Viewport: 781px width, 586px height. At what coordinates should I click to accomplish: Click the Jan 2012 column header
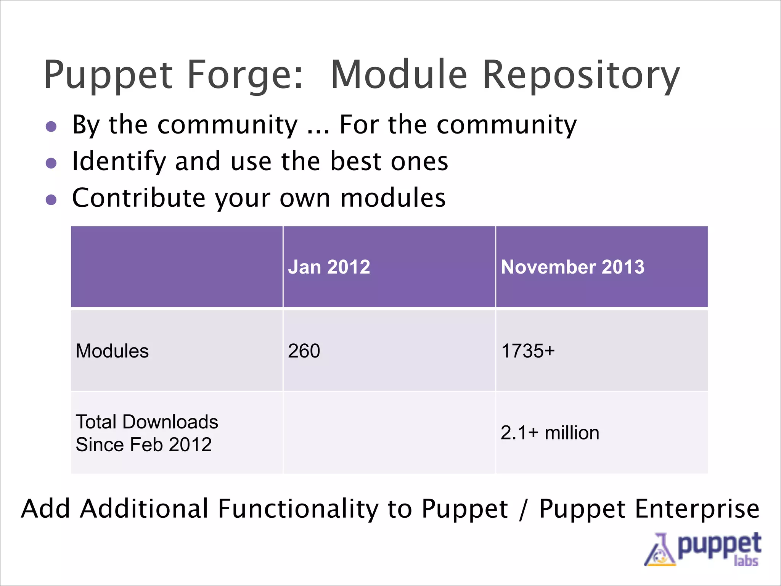[329, 267]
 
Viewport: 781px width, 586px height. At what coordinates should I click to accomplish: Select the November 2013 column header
[572, 267]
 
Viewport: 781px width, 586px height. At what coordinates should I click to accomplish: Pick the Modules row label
[112, 351]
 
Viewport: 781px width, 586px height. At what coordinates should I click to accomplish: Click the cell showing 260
[304, 351]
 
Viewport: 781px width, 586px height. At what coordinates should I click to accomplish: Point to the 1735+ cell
[528, 351]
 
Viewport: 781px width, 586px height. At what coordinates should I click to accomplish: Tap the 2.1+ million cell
[550, 433]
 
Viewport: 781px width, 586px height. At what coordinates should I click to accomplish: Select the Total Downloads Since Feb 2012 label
[147, 433]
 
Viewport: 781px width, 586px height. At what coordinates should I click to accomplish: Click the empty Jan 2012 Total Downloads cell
[389, 433]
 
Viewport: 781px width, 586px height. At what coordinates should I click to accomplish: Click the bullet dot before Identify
[51, 163]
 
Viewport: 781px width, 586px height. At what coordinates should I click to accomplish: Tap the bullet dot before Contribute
[51, 200]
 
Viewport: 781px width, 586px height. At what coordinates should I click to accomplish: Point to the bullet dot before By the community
[51, 127]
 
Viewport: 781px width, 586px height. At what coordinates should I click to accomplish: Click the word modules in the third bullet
[393, 198]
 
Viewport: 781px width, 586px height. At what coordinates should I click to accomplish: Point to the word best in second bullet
[355, 161]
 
